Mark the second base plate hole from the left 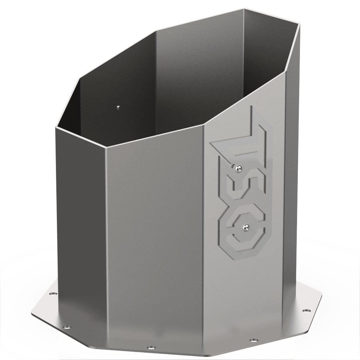coord(67,326)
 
